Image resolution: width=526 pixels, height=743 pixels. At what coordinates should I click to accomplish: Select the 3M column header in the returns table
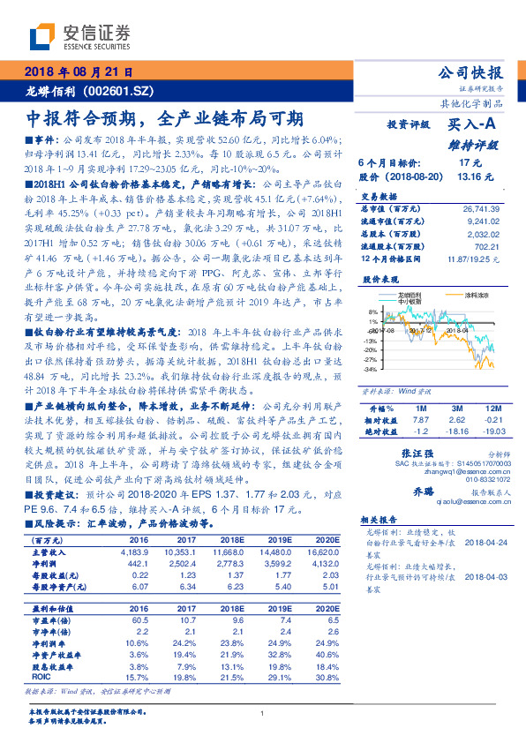point(455,409)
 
